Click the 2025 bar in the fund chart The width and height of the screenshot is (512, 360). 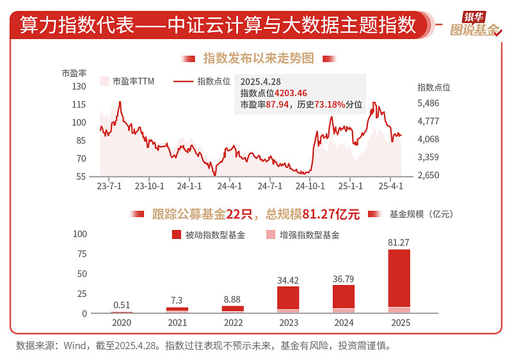click(399, 281)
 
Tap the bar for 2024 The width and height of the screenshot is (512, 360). click(344, 299)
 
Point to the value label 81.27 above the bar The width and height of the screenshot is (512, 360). click(399, 242)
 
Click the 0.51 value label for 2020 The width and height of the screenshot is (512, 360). click(122, 304)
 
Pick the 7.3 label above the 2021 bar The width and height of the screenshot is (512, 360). click(177, 300)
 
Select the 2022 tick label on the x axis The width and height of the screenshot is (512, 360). click(232, 323)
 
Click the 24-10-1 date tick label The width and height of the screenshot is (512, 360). click(310, 186)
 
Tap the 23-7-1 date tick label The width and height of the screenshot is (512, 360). click(109, 186)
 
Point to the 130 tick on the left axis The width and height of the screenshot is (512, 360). click(79, 86)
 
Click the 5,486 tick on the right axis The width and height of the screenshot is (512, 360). click(428, 102)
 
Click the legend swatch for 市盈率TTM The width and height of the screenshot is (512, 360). click(105, 81)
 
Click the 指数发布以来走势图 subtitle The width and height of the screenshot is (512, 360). click(259, 58)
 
